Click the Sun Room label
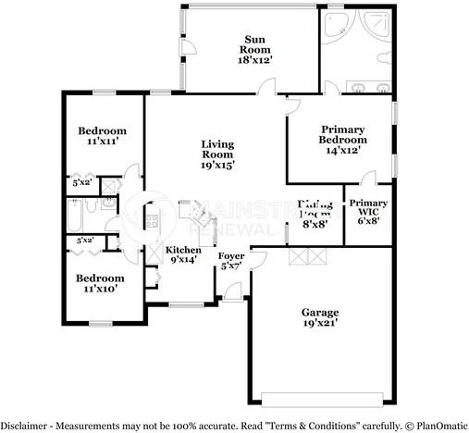click(256, 48)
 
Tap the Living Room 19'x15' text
click(217, 155)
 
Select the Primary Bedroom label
click(342, 139)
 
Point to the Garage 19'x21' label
click(320, 317)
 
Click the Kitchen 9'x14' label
click(183, 255)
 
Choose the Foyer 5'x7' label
click(230, 261)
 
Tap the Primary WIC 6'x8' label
click(368, 210)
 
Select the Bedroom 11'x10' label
click(99, 283)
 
